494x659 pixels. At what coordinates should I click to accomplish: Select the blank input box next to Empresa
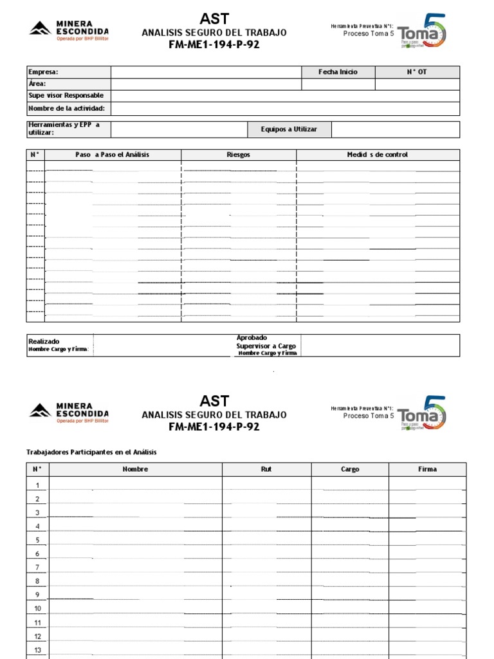click(x=206, y=72)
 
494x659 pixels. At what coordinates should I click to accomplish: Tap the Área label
click(x=37, y=84)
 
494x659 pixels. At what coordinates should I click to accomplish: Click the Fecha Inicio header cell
click(x=338, y=72)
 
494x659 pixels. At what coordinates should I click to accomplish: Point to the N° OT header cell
click(x=417, y=72)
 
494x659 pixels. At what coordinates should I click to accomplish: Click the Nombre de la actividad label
click(x=66, y=108)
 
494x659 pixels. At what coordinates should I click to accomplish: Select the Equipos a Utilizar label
click(x=289, y=129)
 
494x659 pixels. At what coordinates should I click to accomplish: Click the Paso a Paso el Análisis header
click(x=112, y=154)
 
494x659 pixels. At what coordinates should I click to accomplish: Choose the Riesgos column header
click(x=239, y=154)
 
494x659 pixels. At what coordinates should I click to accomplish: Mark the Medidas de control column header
click(x=378, y=154)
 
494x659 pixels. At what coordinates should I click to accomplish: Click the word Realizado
click(x=44, y=341)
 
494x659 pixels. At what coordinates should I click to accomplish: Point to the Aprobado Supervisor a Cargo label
click(x=266, y=345)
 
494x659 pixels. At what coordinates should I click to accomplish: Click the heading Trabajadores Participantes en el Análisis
click(x=91, y=452)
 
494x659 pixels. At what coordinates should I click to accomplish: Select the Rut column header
click(x=266, y=469)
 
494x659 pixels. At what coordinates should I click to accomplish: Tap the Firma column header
click(x=427, y=469)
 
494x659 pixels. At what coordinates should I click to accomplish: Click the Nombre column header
click(x=135, y=469)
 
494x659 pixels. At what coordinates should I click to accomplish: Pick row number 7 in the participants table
click(x=37, y=567)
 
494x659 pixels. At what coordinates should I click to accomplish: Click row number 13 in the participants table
click(x=37, y=649)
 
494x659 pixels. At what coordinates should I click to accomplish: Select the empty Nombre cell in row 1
click(x=135, y=485)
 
